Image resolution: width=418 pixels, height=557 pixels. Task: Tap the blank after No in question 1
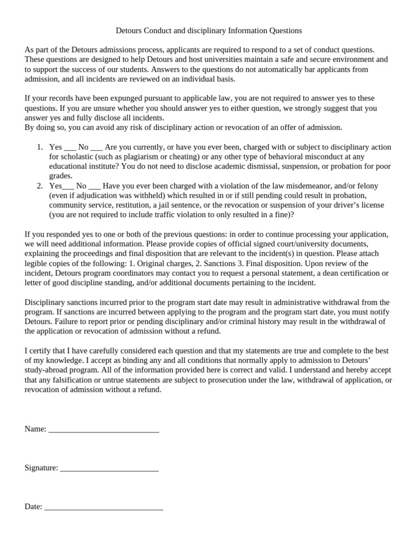96,147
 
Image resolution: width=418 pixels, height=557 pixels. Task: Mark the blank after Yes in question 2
68,185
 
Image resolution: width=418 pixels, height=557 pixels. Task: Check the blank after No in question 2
94,185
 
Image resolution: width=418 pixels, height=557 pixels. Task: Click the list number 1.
40,147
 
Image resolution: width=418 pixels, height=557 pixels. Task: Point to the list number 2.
40,185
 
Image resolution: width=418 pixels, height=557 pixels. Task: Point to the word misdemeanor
305,185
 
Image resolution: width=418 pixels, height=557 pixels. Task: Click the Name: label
35,429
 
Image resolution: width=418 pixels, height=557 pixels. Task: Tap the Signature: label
41,467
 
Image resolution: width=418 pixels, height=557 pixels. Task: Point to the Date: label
33,506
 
